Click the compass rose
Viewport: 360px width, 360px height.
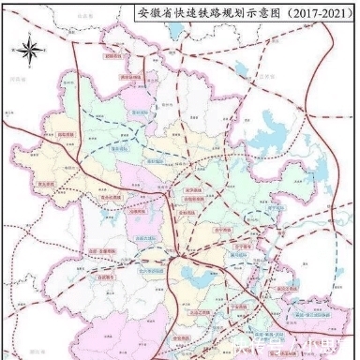click(31, 48)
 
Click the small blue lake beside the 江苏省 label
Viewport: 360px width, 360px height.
click(247, 67)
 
